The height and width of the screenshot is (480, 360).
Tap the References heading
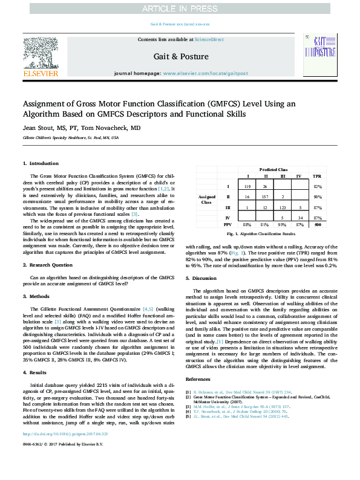[x=197, y=379]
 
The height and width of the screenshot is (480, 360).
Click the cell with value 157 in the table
[x=264, y=197]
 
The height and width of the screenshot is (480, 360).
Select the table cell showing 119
[x=246, y=187]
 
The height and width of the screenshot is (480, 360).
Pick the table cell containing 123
[x=281, y=207]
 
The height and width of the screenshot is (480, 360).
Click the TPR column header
[x=316, y=176]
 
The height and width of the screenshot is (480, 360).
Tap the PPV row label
[x=227, y=224]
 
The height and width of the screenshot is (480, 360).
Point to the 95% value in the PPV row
[x=282, y=224]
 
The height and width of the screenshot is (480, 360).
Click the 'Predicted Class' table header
[x=273, y=170]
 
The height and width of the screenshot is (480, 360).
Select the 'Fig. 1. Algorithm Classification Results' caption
[x=261, y=233]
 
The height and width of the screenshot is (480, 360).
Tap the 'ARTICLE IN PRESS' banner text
[x=180, y=9]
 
